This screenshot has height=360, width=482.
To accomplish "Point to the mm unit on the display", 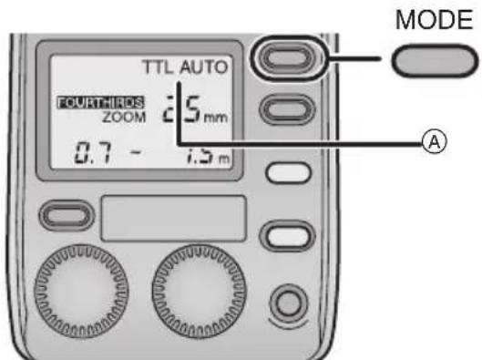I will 213,117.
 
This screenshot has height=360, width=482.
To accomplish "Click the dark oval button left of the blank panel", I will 70,217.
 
